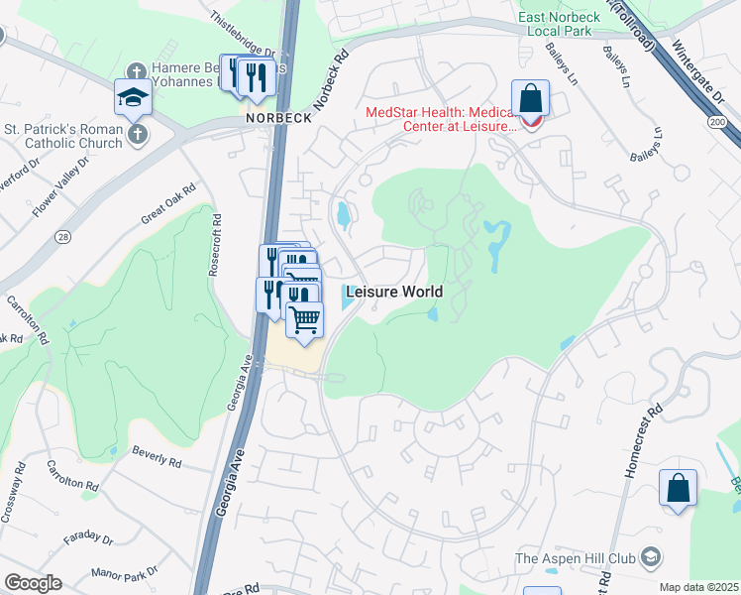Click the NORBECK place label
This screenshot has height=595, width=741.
coord(279,117)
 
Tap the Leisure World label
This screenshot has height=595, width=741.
coord(392,293)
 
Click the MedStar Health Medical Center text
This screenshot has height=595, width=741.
coord(441,119)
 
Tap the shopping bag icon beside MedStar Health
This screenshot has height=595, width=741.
coord(531,99)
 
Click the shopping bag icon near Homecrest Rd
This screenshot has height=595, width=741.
coord(678,488)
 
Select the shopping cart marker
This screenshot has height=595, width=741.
coord(305,320)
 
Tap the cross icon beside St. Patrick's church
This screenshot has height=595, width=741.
coord(139,134)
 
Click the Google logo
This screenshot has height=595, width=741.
coord(33,583)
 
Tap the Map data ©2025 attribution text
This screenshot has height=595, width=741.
coord(698,587)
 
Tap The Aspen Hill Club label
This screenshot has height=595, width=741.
coord(577,558)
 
